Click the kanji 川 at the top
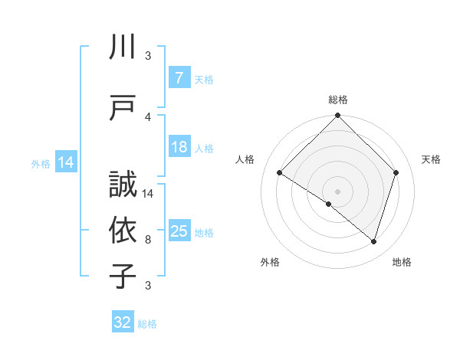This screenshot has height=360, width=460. (123, 48)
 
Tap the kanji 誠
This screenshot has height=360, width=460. (123, 187)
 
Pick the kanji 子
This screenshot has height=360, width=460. (123, 277)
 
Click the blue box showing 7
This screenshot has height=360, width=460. (179, 78)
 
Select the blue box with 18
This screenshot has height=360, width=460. (179, 148)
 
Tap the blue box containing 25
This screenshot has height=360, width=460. (179, 231)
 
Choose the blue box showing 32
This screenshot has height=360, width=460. (123, 322)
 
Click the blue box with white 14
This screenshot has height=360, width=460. (65, 162)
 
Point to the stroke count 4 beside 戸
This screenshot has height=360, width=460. (148, 116)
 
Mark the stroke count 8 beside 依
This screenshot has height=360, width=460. (148, 240)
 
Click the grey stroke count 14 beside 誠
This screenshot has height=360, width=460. (149, 194)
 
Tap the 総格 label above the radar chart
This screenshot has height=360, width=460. (337, 100)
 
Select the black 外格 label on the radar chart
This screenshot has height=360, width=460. (270, 262)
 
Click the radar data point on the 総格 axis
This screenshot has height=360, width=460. (337, 116)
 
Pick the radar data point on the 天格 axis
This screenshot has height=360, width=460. (396, 172)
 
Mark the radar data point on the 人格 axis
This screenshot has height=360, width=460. (280, 173)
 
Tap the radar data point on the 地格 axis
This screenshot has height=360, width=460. (373, 241)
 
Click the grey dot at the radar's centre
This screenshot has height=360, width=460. (337, 191)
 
